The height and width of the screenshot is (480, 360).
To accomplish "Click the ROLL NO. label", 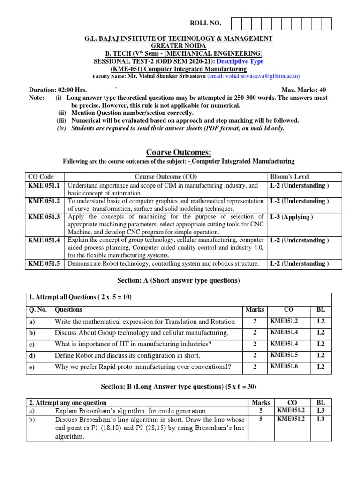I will pyautogui.click(x=205, y=23).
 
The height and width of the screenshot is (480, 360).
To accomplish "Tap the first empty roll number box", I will pyautogui.click(x=236, y=23).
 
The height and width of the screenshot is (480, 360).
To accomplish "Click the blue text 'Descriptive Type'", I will pyautogui.click(x=241, y=61).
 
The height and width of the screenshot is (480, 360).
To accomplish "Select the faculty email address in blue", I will pyautogui.click(x=254, y=76).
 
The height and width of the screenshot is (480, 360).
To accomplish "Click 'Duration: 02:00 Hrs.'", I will pyautogui.click(x=58, y=90).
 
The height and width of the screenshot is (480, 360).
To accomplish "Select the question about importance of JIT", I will pyautogui.click(x=133, y=344).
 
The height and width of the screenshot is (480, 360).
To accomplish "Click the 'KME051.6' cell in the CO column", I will pyautogui.click(x=284, y=366).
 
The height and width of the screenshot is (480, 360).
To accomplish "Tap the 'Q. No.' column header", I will pyautogui.click(x=38, y=310).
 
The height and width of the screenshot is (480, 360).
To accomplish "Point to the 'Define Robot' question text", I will pyautogui.click(x=127, y=356).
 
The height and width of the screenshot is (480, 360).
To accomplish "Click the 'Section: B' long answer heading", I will pyautogui.click(x=179, y=387).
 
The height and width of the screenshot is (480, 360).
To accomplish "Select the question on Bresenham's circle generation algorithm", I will pyautogui.click(x=131, y=411).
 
